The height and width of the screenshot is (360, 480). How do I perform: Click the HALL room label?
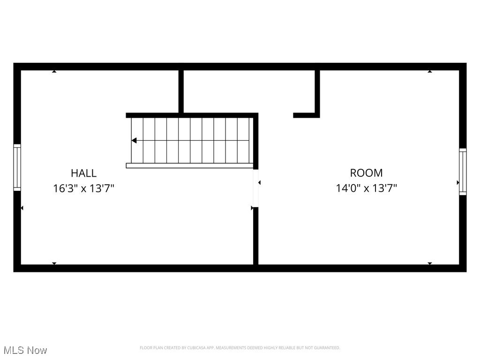[84, 173]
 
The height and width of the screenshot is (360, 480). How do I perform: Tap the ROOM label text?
[366, 173]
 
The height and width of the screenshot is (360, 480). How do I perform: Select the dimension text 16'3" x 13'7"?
[84, 188]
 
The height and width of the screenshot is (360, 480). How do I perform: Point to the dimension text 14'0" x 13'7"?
[366, 188]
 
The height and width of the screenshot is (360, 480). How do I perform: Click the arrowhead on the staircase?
[134, 140]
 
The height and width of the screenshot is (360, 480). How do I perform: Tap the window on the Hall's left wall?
[17, 167]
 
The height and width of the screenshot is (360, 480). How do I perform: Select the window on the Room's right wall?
[463, 172]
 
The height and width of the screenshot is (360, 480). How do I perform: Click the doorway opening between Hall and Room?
[255, 187]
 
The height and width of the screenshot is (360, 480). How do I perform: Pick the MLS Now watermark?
[25, 350]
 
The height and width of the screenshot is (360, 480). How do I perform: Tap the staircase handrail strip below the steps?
[189, 165]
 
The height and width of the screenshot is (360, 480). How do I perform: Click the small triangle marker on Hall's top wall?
[54, 71]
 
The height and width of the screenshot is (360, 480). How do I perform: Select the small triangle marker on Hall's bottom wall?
[54, 263]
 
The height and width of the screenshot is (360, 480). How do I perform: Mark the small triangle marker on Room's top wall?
[430, 71]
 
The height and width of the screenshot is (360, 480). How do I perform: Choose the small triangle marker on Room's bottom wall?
[430, 263]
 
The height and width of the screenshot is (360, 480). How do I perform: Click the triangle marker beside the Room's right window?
[458, 182]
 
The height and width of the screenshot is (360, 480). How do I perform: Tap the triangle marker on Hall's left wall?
[22, 208]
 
